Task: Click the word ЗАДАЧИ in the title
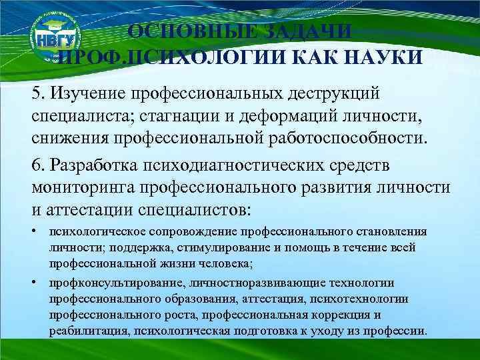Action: pos(309,33)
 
